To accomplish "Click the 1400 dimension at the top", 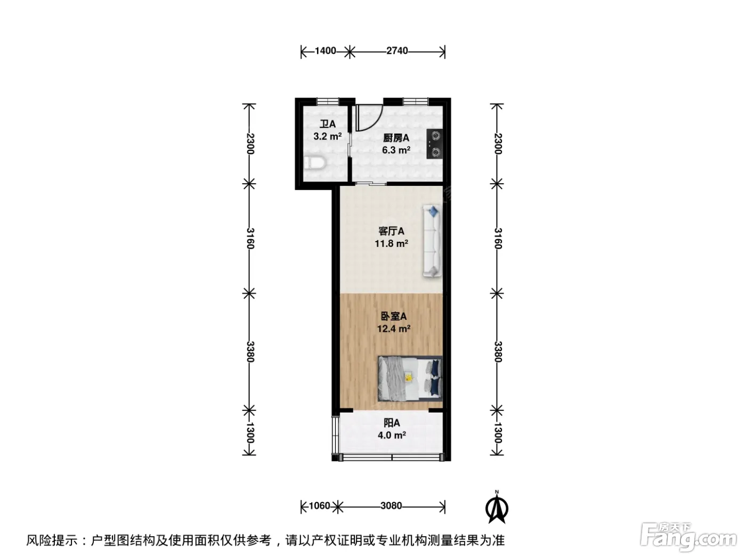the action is click(x=325, y=51).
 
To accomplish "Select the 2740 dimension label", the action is click(x=397, y=51).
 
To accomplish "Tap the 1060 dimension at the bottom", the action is click(x=320, y=506).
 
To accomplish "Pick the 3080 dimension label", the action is click(x=391, y=506).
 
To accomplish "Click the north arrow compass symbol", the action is click(x=497, y=508).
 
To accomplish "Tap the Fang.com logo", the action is click(x=688, y=539).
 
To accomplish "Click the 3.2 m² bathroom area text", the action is click(x=327, y=136).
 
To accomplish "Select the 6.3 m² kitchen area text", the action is click(x=396, y=150).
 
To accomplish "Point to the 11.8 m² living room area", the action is click(x=391, y=243).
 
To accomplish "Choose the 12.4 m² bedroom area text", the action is click(x=394, y=328).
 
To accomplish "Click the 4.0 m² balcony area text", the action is click(x=392, y=435).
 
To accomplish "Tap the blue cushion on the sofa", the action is click(x=433, y=212).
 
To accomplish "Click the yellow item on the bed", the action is click(x=408, y=377).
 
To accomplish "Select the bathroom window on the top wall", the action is click(x=328, y=101).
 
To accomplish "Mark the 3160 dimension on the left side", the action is click(x=250, y=239).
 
